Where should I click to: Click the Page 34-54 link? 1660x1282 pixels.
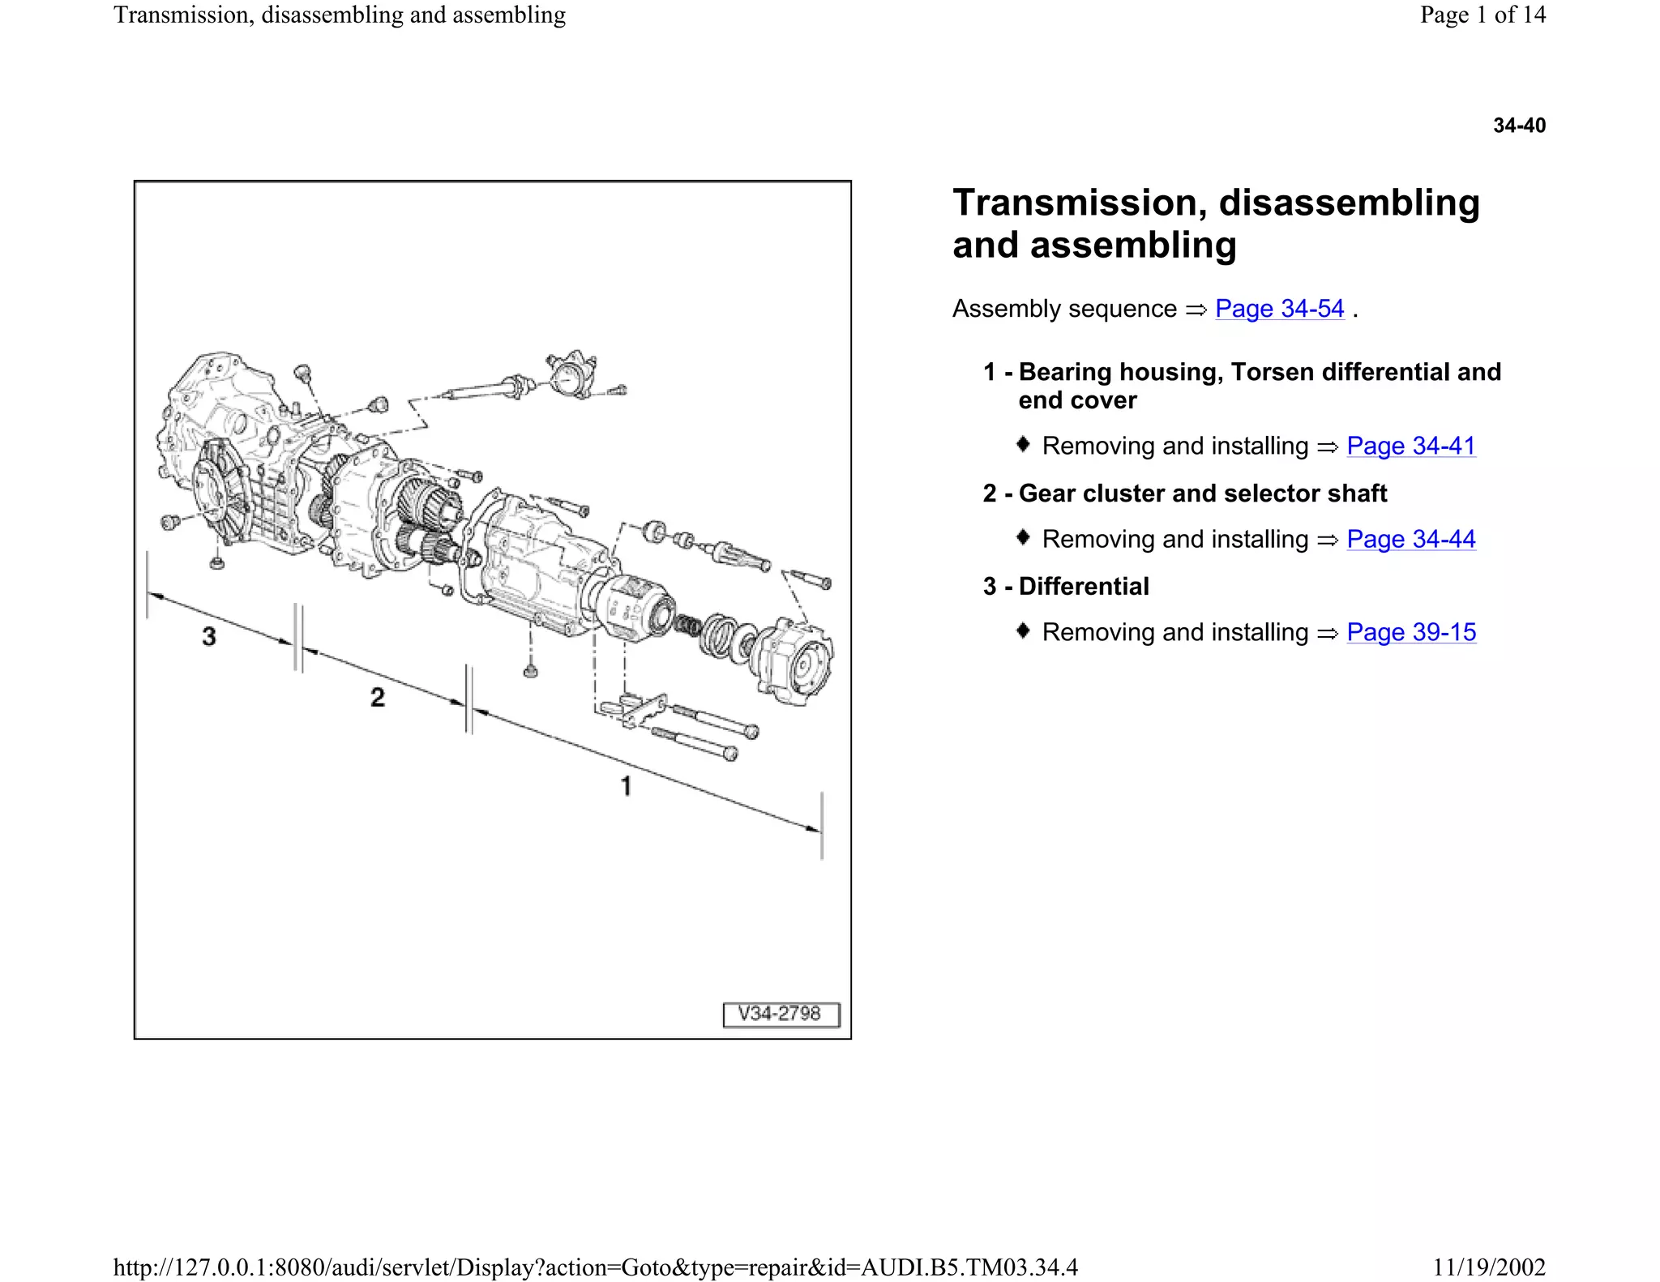point(1279,309)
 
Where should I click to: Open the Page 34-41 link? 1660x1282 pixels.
point(1410,446)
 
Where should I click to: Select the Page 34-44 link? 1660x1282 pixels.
point(1410,539)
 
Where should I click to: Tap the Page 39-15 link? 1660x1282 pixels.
point(1410,632)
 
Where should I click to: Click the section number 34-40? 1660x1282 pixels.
point(1519,126)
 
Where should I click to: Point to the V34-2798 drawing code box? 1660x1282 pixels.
point(781,1014)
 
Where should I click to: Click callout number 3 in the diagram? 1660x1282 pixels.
point(209,636)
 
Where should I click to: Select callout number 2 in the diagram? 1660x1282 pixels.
point(378,697)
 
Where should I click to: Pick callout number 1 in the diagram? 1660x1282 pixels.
point(626,785)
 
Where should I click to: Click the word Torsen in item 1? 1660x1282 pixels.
point(1272,372)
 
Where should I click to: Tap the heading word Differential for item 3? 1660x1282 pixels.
point(1084,586)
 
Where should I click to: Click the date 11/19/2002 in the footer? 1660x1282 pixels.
point(1488,1267)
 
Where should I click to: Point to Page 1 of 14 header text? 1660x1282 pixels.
point(1482,15)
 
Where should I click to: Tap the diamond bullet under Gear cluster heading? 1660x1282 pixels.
point(1023,537)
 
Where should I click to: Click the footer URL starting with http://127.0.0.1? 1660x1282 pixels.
point(595,1267)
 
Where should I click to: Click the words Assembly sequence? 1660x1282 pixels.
point(1063,309)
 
